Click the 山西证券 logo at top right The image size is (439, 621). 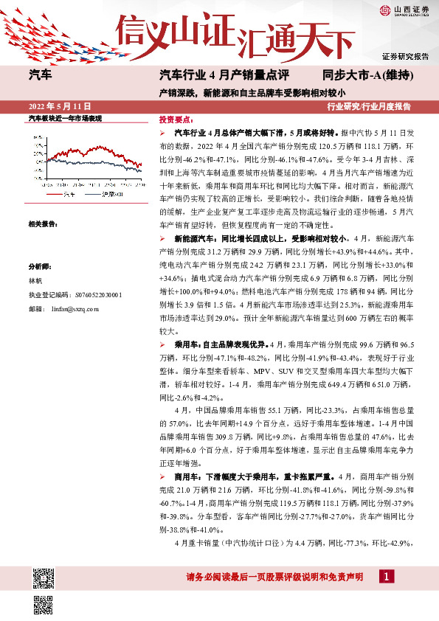point(404,10)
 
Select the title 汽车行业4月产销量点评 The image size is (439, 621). point(223,75)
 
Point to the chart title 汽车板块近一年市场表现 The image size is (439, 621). point(64,119)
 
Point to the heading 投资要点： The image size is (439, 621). point(175,119)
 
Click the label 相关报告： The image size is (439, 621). point(43,223)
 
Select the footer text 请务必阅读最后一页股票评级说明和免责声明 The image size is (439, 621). point(275,577)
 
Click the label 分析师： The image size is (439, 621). point(40,267)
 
